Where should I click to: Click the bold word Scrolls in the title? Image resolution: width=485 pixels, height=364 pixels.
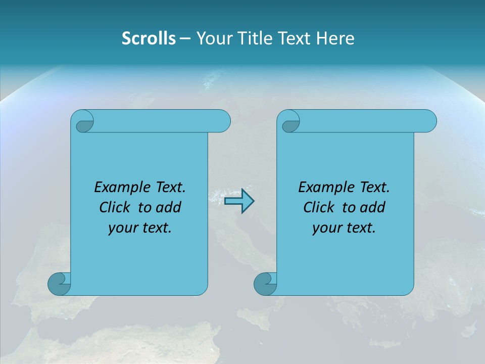tap(149, 38)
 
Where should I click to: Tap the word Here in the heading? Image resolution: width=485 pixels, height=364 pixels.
tap(335, 38)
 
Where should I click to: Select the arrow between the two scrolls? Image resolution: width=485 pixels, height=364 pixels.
tap(239, 201)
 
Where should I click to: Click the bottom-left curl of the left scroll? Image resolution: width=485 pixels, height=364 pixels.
tap(59, 284)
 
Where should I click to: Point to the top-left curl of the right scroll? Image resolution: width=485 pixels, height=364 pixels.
tap(289, 122)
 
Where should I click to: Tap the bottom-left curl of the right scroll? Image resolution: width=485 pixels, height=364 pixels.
tap(265, 284)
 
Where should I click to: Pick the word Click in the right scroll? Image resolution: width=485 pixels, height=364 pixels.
tap(319, 208)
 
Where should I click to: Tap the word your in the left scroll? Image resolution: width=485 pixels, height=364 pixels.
tap(122, 228)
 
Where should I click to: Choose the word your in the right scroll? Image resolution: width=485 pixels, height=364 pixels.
tap(326, 228)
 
